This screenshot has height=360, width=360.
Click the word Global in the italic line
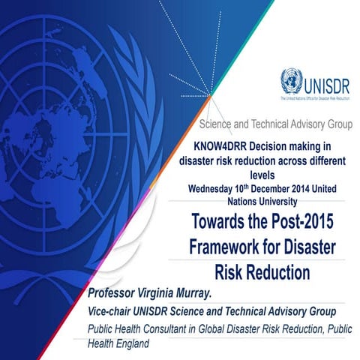click(x=233, y=328)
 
